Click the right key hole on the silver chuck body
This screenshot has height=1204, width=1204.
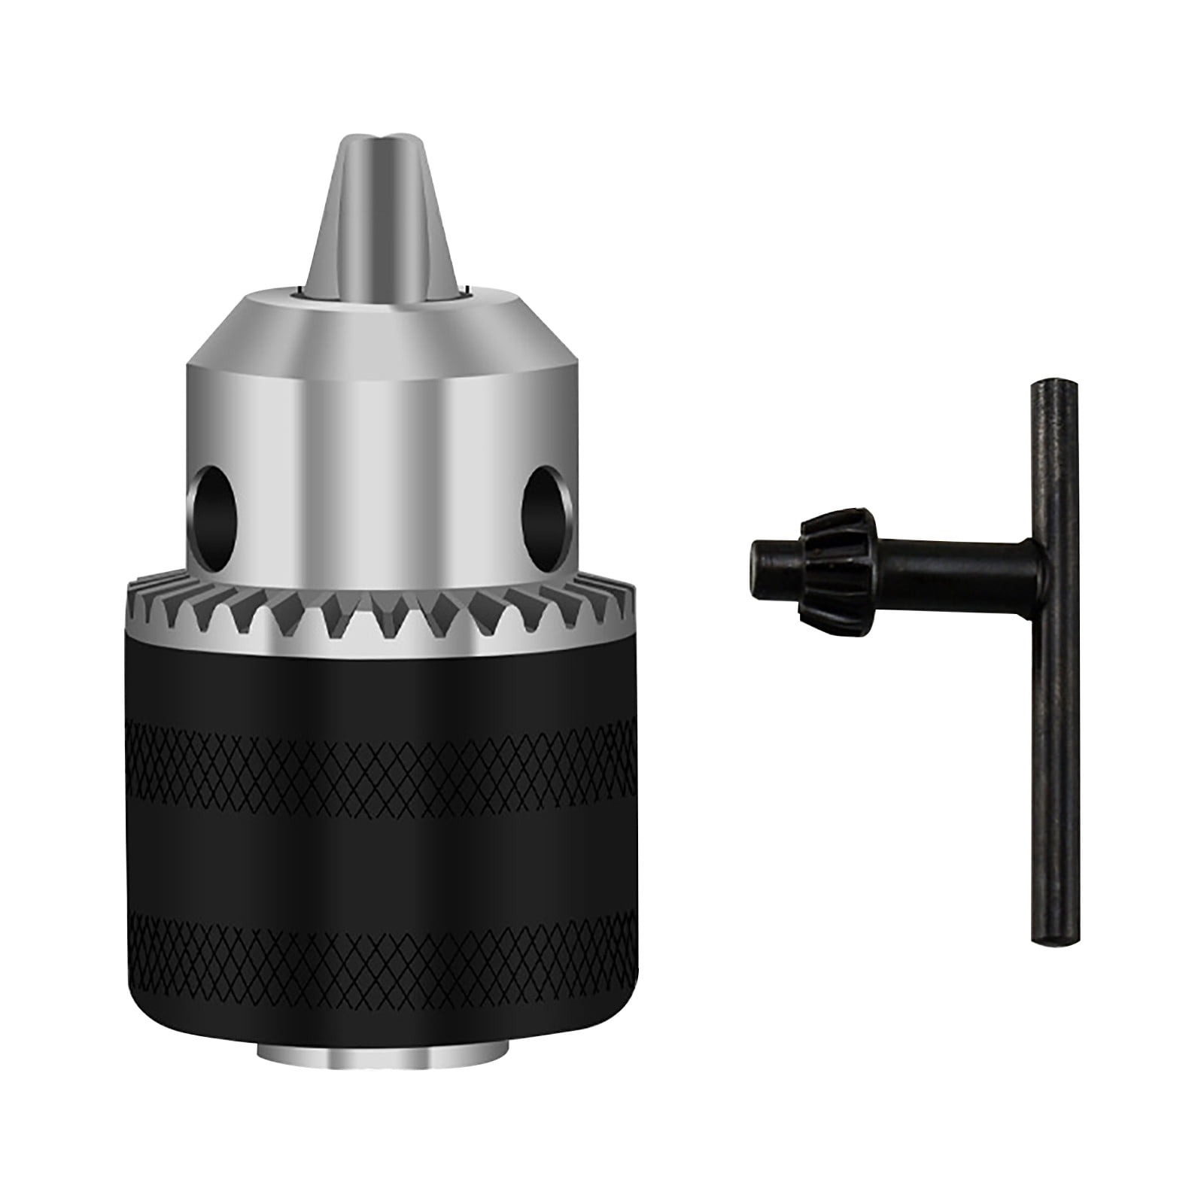[541, 506]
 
